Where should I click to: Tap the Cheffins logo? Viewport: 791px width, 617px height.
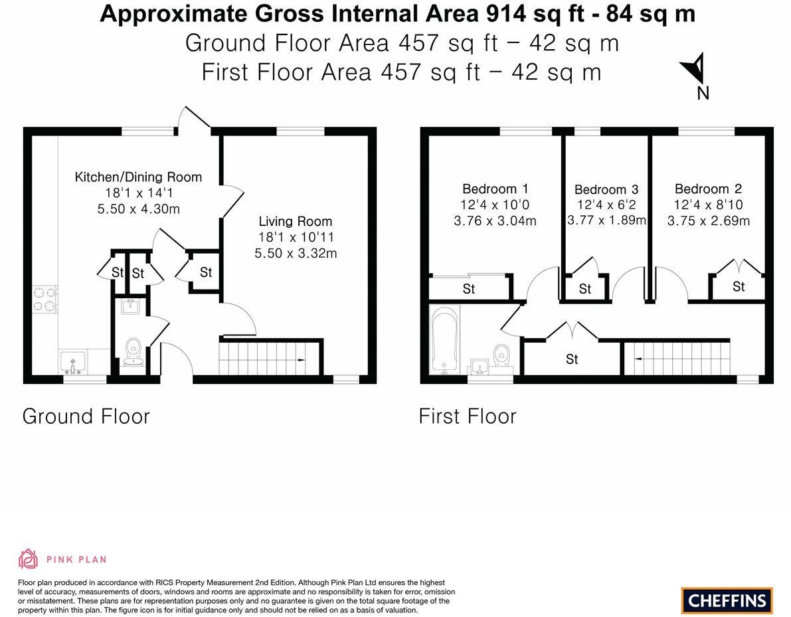[x=727, y=600]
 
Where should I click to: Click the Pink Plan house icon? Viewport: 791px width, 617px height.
[x=29, y=559]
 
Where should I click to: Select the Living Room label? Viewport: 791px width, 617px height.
[x=295, y=221]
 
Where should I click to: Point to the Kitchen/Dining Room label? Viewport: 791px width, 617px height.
[x=138, y=177]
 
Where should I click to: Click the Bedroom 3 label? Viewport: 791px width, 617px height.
[x=606, y=189]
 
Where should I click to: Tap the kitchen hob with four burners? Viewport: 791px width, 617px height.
[x=45, y=299]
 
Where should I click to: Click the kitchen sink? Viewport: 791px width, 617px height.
[x=72, y=363]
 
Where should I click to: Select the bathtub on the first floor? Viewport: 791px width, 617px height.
[x=445, y=341]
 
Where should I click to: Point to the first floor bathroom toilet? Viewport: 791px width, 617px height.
[x=502, y=355]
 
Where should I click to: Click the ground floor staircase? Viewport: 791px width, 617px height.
[x=270, y=359]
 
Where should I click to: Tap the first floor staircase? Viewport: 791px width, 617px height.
[x=677, y=359]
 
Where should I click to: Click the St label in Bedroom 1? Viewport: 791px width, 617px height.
[x=469, y=288]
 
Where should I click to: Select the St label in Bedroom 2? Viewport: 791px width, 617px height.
[x=739, y=286]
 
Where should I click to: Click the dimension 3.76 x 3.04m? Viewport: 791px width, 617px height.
[x=495, y=221]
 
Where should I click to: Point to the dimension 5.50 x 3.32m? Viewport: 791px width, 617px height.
[x=296, y=253]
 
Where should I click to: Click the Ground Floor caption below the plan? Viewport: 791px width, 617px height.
[x=86, y=416]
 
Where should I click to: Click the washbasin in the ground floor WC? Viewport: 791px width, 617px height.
[x=131, y=306]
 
